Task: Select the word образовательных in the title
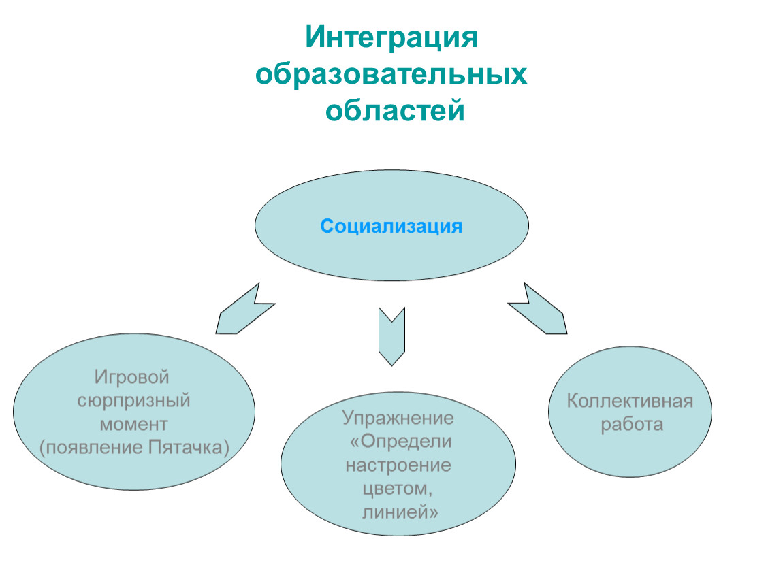tap(391, 74)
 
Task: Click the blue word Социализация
tap(391, 227)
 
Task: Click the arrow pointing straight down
tap(391, 336)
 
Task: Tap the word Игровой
tap(132, 377)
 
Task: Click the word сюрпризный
tap(134, 401)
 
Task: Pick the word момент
tap(134, 424)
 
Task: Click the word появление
tap(92, 448)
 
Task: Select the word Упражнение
tap(398, 418)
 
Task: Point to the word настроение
tap(398, 465)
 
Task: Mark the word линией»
tap(400, 512)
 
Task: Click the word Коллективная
tap(630, 402)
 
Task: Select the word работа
tap(632, 425)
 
